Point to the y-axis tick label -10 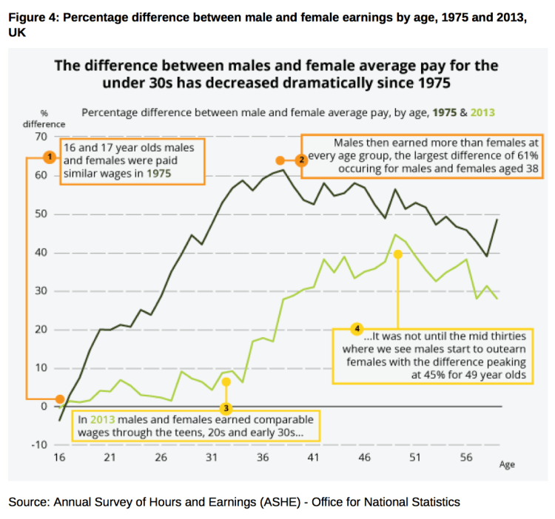click(x=38, y=445)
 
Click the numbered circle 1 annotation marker click(x=49, y=157)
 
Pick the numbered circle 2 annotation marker click(x=301, y=160)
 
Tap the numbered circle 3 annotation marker click(x=227, y=407)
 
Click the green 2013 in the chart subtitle click(x=481, y=112)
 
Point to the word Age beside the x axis click(x=506, y=465)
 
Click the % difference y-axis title click(x=44, y=118)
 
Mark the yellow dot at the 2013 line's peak click(x=398, y=254)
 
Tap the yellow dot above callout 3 click(x=226, y=381)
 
